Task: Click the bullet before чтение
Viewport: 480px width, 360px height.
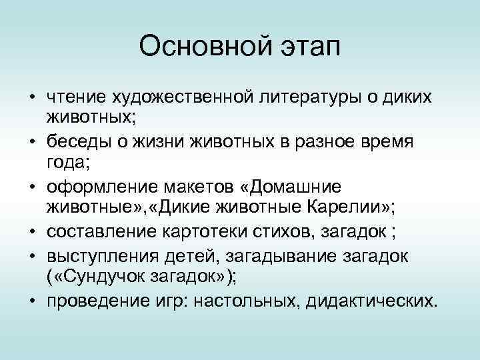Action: click(x=31, y=99)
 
